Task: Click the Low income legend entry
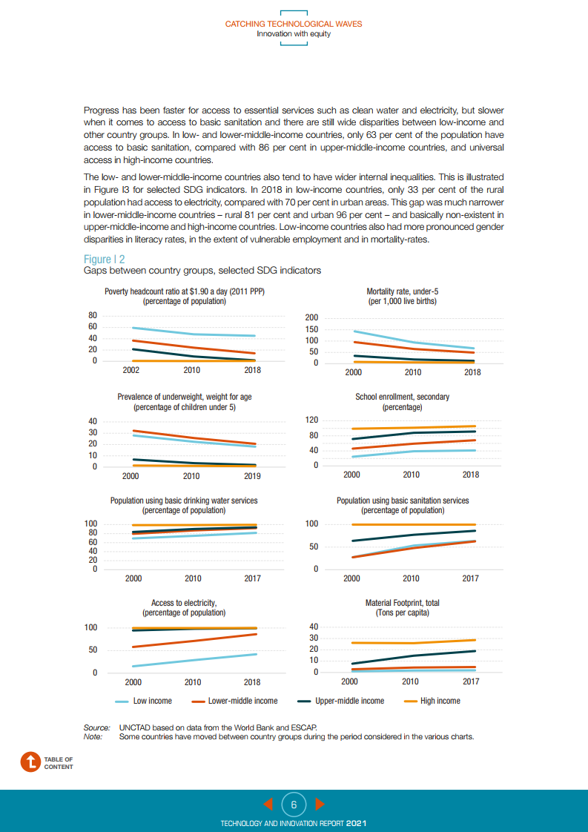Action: point(152,701)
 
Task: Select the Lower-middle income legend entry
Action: point(243,701)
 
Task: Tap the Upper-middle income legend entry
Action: point(349,701)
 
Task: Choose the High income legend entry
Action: point(440,701)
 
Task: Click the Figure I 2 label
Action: point(104,259)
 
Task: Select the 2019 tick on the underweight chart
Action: point(252,476)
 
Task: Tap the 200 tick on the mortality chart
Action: point(311,318)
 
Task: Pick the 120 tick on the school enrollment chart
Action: point(311,420)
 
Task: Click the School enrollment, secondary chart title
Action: point(402,397)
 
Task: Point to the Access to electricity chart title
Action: point(184,604)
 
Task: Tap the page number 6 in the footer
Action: point(294,804)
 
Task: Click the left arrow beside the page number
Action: point(269,804)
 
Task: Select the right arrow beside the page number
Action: point(320,804)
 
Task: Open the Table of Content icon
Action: point(30,762)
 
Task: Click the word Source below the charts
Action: point(96,727)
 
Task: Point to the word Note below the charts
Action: point(93,736)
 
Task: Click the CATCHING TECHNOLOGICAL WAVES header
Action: point(294,24)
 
